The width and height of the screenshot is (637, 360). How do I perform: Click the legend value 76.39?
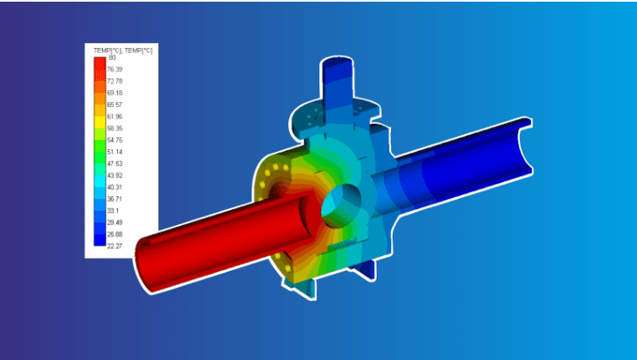click(x=113, y=69)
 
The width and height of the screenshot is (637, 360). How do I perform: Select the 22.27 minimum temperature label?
click(x=113, y=246)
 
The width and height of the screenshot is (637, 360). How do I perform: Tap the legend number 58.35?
click(x=113, y=128)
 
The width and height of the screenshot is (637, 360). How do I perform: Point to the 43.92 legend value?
click(x=113, y=175)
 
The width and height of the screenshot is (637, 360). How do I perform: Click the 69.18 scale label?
click(x=113, y=93)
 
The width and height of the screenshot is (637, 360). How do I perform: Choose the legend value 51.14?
click(x=113, y=152)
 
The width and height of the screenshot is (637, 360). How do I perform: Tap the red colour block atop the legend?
click(x=99, y=63)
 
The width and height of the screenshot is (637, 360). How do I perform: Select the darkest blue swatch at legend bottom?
click(x=99, y=240)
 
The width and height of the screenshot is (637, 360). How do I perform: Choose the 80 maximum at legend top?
click(x=112, y=57)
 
